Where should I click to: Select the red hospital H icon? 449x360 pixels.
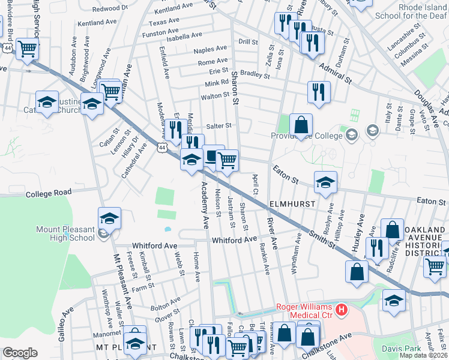coord(342,310)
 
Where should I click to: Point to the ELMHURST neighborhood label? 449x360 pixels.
coord(292,204)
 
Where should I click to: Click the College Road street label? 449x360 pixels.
coord(49,193)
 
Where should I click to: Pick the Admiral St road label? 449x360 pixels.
coord(336,71)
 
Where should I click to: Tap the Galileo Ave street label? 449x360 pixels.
coord(66,323)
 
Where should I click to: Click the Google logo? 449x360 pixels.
coord(20,353)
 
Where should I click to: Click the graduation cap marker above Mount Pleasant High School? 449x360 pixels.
coord(109,218)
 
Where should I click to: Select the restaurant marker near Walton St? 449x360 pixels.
coord(318,92)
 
